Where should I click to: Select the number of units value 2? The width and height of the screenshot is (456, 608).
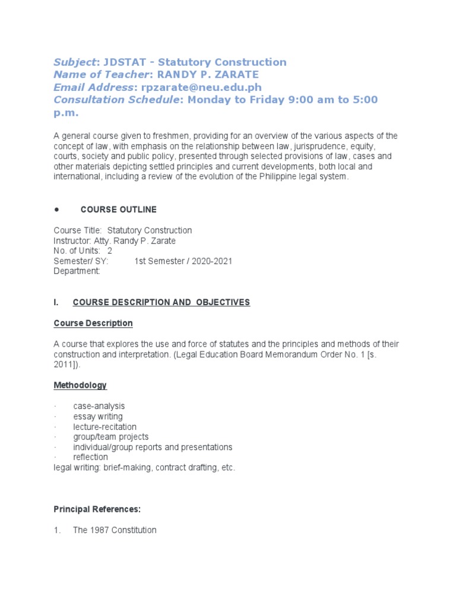click(x=110, y=251)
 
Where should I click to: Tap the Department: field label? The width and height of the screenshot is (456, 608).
click(x=77, y=271)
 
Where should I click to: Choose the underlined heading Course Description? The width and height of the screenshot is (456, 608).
click(x=93, y=323)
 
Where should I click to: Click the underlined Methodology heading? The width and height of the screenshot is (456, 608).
click(x=80, y=385)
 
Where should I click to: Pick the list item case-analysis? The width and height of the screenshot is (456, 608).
click(x=99, y=406)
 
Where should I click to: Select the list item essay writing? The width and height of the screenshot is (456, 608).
click(x=98, y=416)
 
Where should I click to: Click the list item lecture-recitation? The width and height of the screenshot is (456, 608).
click(x=104, y=427)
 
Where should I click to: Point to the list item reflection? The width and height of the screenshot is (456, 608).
click(x=90, y=457)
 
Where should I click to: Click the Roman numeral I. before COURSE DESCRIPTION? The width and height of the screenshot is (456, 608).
click(x=56, y=303)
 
